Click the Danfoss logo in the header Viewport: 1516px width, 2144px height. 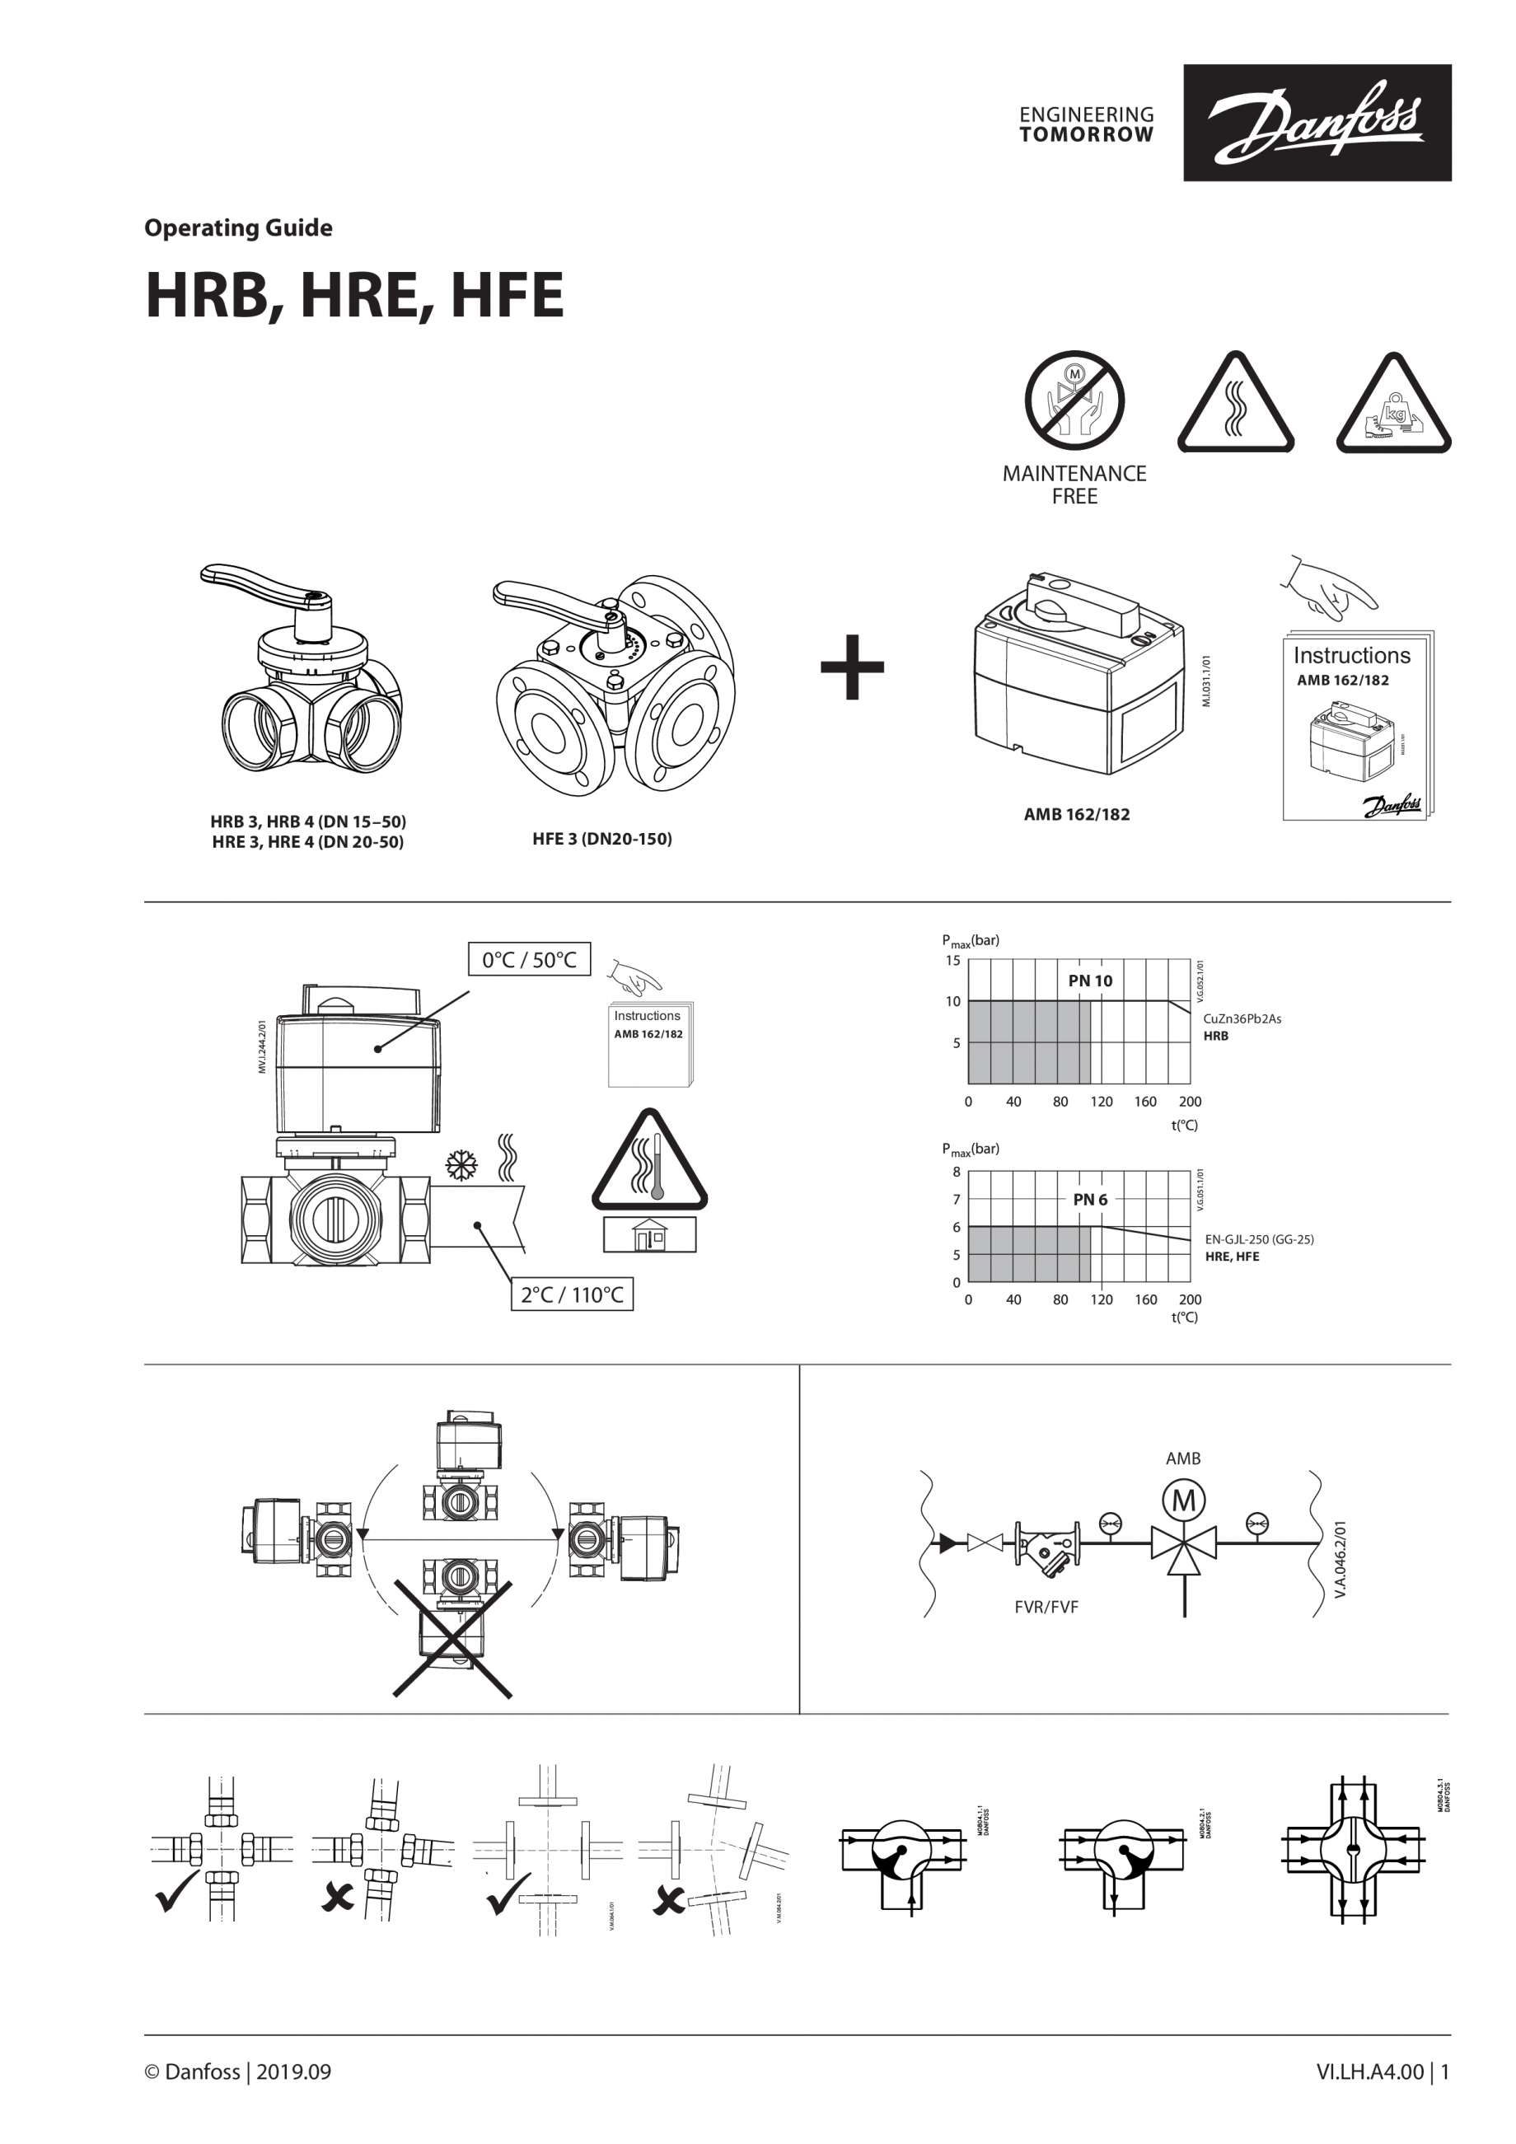pyautogui.click(x=1317, y=122)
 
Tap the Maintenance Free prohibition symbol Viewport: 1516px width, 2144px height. pyautogui.click(x=1074, y=400)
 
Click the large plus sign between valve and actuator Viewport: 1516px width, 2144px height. pyautogui.click(x=851, y=667)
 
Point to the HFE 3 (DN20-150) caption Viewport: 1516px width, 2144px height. pyautogui.click(x=602, y=839)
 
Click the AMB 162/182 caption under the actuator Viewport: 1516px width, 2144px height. pyautogui.click(x=1076, y=814)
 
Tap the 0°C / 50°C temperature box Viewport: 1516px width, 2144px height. pyautogui.click(x=529, y=960)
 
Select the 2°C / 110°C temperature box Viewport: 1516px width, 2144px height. pyautogui.click(x=571, y=1294)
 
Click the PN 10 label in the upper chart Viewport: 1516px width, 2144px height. pyautogui.click(x=1089, y=981)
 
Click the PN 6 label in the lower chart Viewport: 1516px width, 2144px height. pyautogui.click(x=1089, y=1199)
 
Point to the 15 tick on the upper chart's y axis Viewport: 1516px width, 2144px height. pyautogui.click(x=952, y=960)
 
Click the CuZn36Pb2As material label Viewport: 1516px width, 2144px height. pyautogui.click(x=1242, y=1018)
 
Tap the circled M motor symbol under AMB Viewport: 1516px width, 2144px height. pyautogui.click(x=1183, y=1500)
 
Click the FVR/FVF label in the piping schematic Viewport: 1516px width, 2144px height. pyautogui.click(x=1046, y=1607)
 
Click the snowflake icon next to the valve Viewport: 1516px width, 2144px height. pyautogui.click(x=461, y=1164)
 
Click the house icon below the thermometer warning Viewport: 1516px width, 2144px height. pyautogui.click(x=648, y=1235)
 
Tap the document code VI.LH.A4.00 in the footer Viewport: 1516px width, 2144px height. pyautogui.click(x=1369, y=2072)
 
